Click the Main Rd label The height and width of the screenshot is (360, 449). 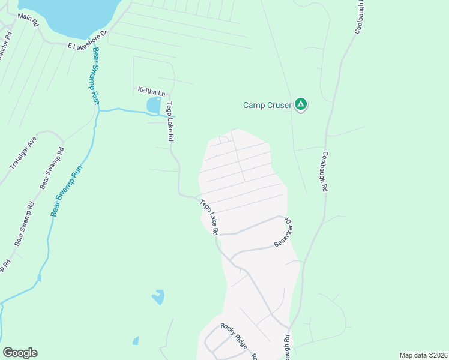[28, 19]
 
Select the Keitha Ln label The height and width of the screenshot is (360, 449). [151, 92]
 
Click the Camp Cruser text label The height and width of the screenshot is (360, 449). [267, 105]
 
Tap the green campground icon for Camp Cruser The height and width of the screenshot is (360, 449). [301, 105]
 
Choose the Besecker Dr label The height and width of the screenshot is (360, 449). [283, 232]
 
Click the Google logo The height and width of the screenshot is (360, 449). [20, 353]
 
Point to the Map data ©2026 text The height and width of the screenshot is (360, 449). [423, 355]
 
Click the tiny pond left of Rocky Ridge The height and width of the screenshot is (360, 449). [136, 341]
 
